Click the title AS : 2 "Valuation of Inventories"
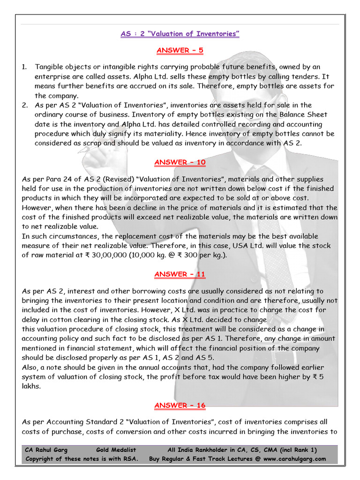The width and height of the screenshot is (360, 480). pyautogui.click(x=180, y=34)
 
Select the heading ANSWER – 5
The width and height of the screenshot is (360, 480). pyautogui.click(x=180, y=50)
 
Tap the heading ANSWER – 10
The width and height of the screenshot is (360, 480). pyautogui.click(x=180, y=163)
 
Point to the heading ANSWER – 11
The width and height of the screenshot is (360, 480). pyautogui.click(x=180, y=274)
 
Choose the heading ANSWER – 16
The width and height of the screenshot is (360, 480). pyautogui.click(x=180, y=405)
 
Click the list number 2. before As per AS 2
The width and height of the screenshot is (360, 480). pyautogui.click(x=25, y=105)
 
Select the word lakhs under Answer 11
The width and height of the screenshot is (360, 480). pyautogui.click(x=31, y=386)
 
